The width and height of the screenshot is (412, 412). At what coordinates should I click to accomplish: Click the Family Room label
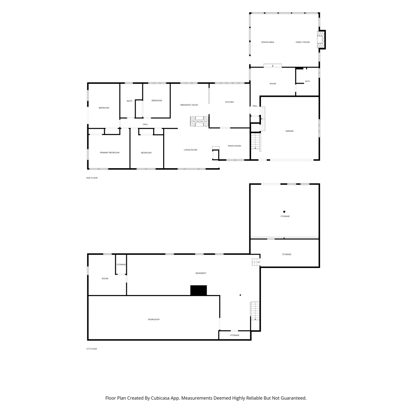coord(302,42)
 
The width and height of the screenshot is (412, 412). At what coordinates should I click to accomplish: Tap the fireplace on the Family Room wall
coord(321,40)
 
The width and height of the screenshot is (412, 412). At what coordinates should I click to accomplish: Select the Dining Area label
coord(268,42)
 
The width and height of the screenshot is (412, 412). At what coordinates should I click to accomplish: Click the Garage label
coord(289,131)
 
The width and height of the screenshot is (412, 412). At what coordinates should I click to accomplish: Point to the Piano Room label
coord(234,146)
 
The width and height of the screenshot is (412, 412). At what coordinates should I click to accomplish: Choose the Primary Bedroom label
coord(110,153)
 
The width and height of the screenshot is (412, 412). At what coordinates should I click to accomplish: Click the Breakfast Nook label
coord(189,105)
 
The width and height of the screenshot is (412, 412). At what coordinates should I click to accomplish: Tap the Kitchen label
coord(229,102)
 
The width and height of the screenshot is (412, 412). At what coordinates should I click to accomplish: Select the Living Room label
coord(191,150)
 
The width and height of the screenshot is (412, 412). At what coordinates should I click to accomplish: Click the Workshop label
coord(154,319)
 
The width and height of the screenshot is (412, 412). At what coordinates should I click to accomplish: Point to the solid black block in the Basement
coord(199,290)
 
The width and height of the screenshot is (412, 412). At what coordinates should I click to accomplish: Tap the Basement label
coord(201,273)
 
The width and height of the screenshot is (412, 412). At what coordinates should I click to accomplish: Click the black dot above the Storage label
coord(284,212)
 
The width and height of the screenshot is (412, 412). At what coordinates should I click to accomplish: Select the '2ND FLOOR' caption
coord(92,178)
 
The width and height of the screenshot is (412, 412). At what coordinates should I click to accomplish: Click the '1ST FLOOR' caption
coord(91,349)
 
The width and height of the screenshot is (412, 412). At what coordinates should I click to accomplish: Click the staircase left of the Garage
coord(255,141)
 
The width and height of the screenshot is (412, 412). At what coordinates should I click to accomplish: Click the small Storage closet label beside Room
coord(121,265)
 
